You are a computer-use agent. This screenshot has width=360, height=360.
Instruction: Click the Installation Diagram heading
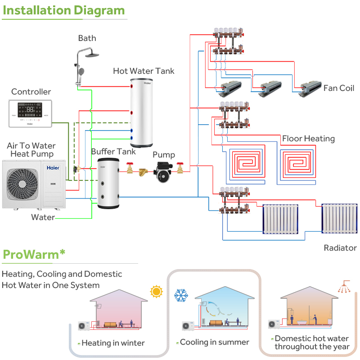pyautogui.click(x=63, y=10)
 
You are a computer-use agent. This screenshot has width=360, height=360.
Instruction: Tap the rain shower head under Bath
pyautogui.click(x=93, y=55)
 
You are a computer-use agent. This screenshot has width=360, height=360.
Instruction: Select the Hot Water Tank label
pyautogui.click(x=144, y=71)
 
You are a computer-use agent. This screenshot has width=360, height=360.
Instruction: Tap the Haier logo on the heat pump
pyautogui.click(x=53, y=167)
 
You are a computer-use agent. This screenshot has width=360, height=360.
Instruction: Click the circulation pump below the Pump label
pyautogui.click(x=165, y=171)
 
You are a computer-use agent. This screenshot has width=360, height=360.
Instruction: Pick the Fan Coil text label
pyautogui.click(x=339, y=88)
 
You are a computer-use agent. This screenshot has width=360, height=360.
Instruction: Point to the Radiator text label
pyautogui.click(x=340, y=248)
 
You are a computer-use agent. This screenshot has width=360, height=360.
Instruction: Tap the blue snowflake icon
pyautogui.click(x=181, y=296)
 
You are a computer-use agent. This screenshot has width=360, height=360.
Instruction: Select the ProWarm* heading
pyautogui.click(x=34, y=254)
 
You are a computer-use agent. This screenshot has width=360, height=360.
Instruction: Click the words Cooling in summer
pyautogui.click(x=214, y=342)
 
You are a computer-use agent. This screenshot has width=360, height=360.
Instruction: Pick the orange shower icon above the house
pyautogui.click(x=344, y=287)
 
